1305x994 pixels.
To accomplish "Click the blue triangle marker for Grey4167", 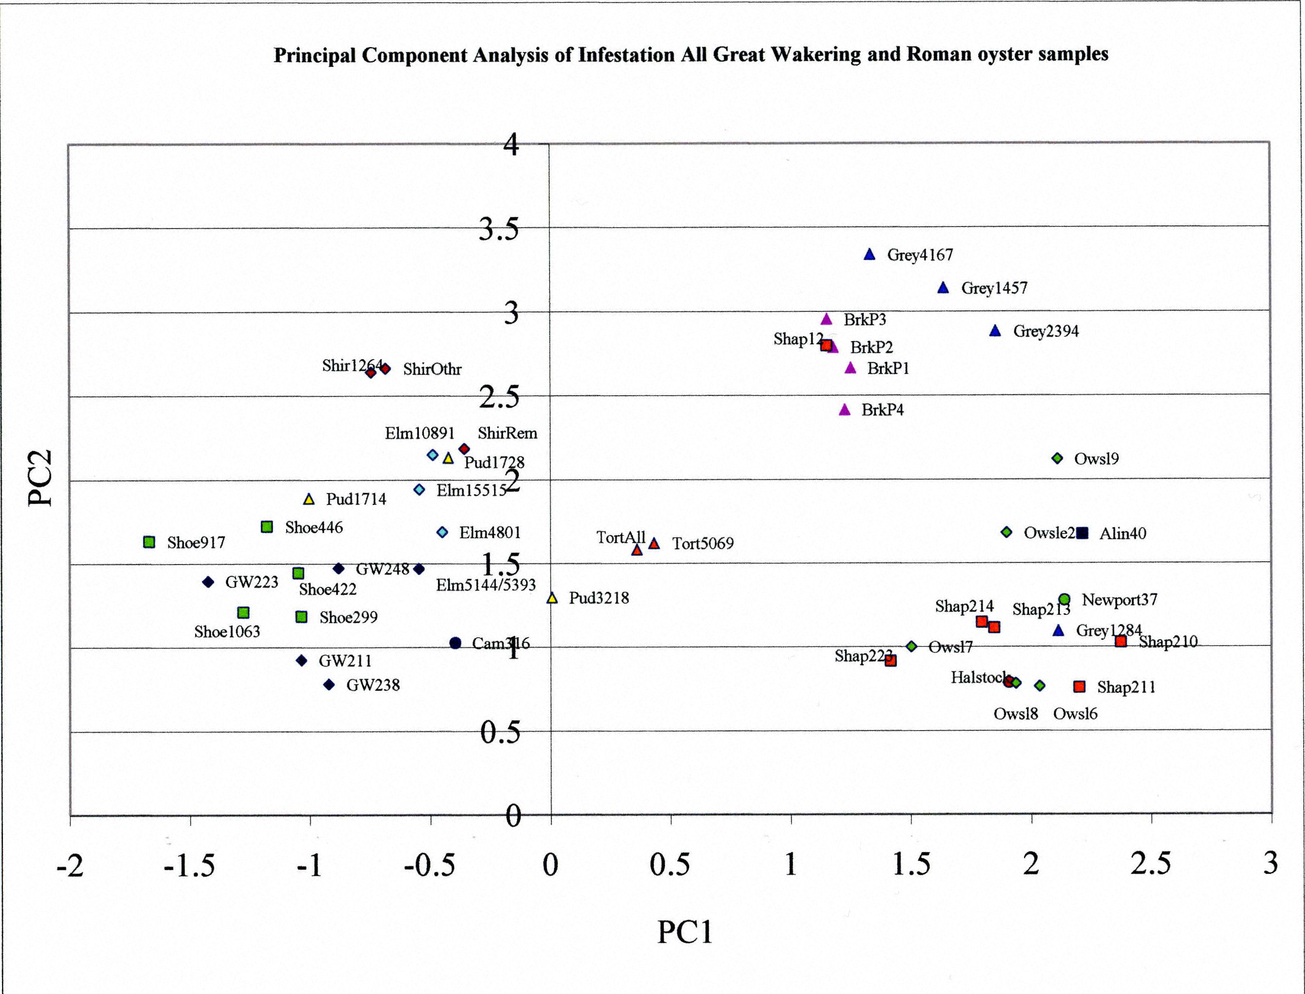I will [x=869, y=255].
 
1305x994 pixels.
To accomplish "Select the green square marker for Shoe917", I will [x=150, y=542].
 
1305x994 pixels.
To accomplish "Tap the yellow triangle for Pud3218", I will [x=552, y=598].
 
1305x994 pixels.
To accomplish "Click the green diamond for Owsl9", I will [x=1057, y=459].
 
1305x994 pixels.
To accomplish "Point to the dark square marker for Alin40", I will [x=1083, y=533].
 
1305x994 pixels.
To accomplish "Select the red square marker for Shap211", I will [x=1080, y=687].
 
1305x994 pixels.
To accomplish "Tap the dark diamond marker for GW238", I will [x=330, y=685].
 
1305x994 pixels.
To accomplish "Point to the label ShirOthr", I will [x=432, y=369].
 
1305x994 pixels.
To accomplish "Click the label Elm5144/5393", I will [x=486, y=585].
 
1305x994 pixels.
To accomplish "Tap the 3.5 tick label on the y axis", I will [x=499, y=230].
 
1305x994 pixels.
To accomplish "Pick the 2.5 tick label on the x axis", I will [x=1151, y=864].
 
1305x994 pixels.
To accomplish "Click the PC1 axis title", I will [x=685, y=932].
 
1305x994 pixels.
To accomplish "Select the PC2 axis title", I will [x=40, y=478].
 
